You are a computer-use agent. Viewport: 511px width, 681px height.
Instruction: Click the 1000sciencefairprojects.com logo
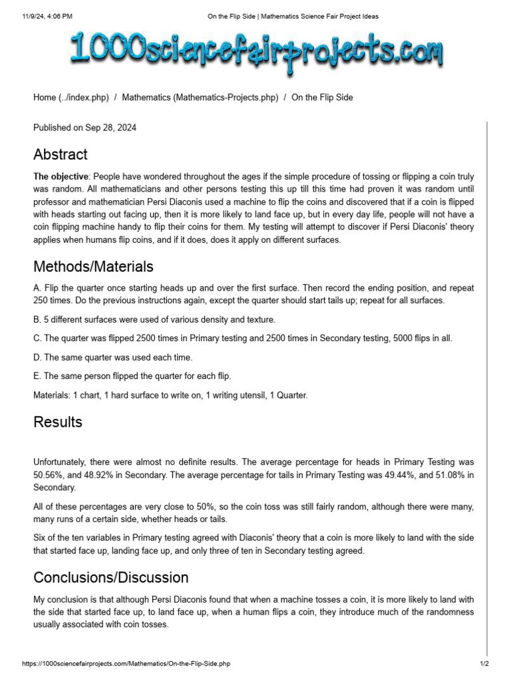(256, 53)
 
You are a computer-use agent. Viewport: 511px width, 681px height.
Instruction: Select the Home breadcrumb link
(71, 97)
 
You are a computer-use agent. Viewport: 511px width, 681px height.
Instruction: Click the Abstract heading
(61, 154)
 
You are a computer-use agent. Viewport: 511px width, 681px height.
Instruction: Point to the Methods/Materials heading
(93, 267)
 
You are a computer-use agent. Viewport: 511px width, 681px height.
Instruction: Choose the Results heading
(58, 422)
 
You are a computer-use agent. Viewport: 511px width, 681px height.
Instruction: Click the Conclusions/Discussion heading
(111, 577)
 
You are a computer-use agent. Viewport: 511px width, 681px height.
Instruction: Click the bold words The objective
(61, 177)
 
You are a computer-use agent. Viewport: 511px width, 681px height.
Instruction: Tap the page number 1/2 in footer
(484, 664)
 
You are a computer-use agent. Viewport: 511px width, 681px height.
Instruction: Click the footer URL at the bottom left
(126, 664)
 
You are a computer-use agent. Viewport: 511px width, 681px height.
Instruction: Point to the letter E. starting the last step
(37, 376)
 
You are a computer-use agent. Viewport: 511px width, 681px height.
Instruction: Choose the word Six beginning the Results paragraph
(40, 537)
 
